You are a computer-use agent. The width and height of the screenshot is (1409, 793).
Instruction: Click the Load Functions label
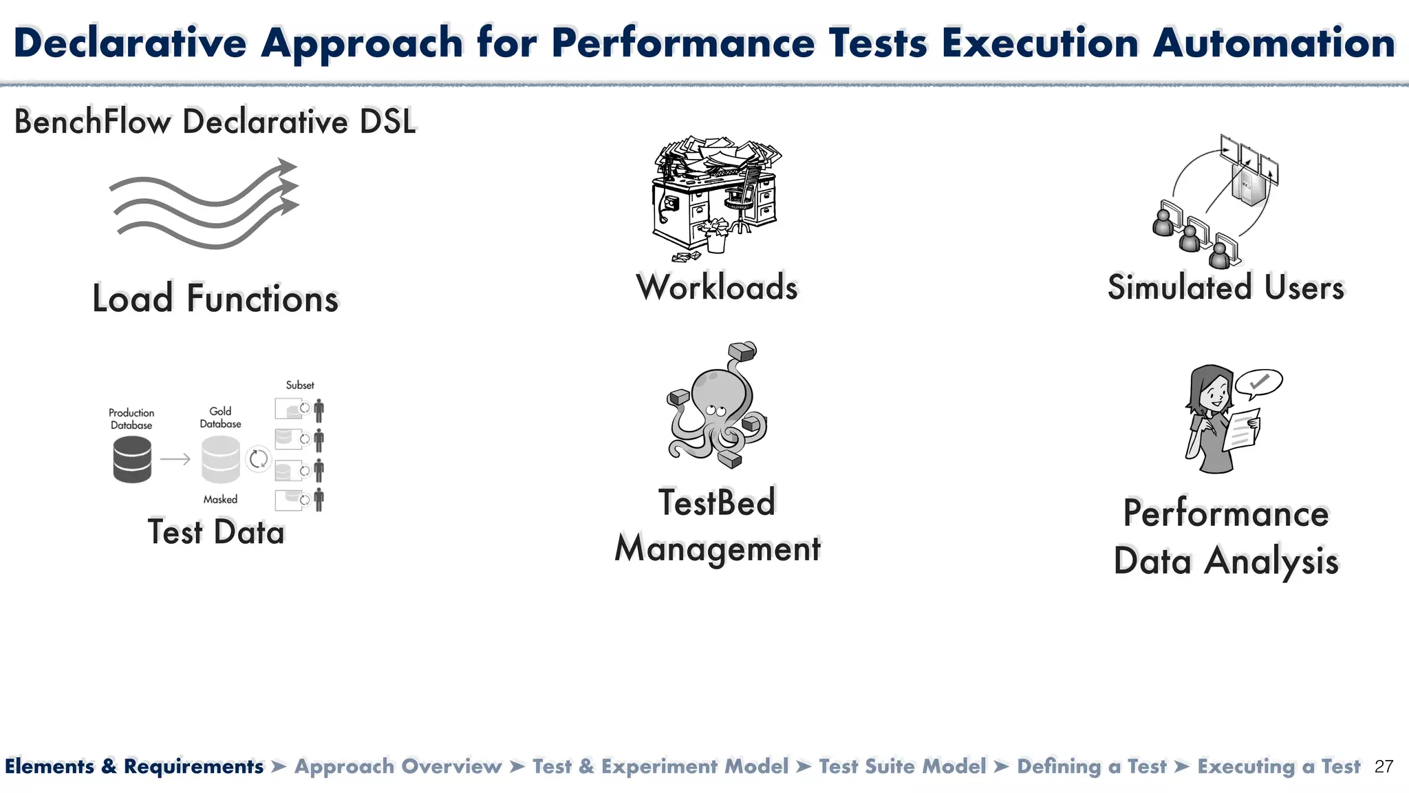tap(215, 298)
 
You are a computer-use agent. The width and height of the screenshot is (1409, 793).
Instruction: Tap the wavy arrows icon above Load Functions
tap(204, 204)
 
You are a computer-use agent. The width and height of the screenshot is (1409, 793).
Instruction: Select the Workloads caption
tap(717, 287)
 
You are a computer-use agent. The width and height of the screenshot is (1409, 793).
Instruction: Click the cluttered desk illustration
tap(716, 196)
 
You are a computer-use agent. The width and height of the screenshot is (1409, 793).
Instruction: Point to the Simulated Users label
tap(1225, 288)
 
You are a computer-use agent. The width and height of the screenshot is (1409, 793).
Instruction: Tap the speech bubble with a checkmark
tap(1258, 383)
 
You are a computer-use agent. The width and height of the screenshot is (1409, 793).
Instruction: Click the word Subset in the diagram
tap(300, 385)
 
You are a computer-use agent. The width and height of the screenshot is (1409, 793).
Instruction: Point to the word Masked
tap(220, 500)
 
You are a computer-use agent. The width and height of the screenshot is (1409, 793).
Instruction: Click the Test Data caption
tap(216, 532)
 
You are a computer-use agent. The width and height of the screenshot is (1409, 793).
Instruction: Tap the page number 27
tap(1384, 767)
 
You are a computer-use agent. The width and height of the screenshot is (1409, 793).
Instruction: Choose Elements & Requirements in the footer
tap(134, 767)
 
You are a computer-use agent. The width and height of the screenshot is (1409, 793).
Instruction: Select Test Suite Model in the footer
tap(902, 767)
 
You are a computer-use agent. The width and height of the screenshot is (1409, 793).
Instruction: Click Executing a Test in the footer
tap(1278, 767)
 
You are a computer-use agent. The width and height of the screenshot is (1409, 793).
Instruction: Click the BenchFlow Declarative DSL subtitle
tap(215, 122)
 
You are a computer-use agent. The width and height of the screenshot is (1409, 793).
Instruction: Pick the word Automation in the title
tap(1274, 43)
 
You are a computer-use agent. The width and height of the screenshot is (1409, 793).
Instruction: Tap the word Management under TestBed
tap(718, 549)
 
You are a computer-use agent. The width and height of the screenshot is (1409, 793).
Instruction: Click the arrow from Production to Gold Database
tap(175, 459)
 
